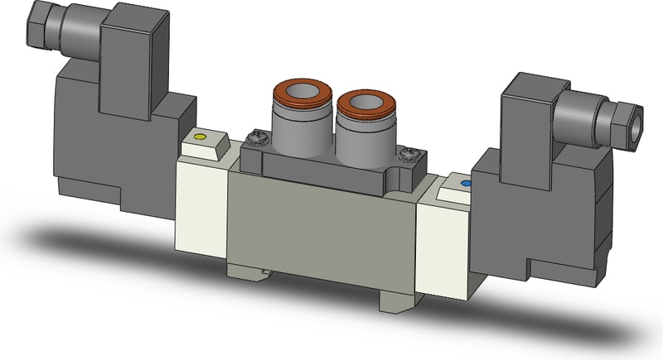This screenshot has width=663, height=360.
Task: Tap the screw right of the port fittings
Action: (x=407, y=153)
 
